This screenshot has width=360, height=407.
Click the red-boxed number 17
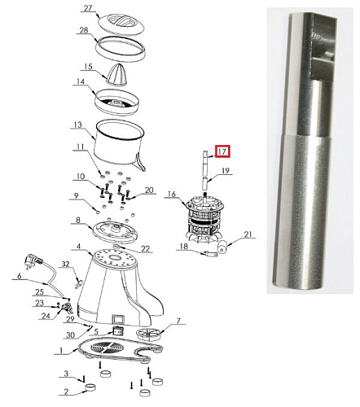coord(222,151)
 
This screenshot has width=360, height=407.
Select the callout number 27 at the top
coord(88,8)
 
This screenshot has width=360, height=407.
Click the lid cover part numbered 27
coord(121,24)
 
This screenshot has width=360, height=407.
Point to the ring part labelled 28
coord(121,50)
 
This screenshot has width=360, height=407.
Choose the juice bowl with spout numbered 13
coord(120,146)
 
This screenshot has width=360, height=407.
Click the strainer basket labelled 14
coord(116,102)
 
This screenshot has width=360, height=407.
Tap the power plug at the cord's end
coord(33,261)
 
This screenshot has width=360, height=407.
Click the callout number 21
coord(248,234)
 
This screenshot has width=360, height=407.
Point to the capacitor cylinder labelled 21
coord(222,247)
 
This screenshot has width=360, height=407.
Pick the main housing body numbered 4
coord(121,287)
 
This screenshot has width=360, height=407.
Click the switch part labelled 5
coord(117,331)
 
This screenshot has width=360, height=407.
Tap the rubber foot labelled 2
coord(90,387)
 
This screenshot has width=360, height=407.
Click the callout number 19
coord(226,171)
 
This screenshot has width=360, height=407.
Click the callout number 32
coord(66,264)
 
